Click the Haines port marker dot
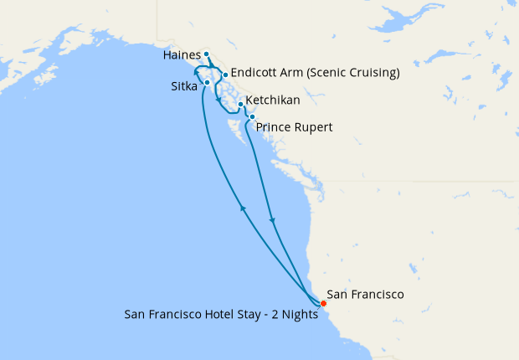click(206, 54)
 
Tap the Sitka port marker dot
click(206, 83)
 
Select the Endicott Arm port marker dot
click(225, 75)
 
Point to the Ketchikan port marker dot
click(240, 104)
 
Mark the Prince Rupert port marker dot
click(252, 117)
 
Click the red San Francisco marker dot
click(323, 302)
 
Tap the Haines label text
click(182, 54)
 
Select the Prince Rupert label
click(294, 127)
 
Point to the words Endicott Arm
click(266, 72)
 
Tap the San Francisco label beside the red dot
click(365, 295)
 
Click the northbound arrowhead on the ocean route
click(243, 208)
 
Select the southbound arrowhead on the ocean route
click(273, 221)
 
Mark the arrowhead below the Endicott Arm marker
click(219, 100)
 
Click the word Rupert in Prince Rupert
click(315, 127)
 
